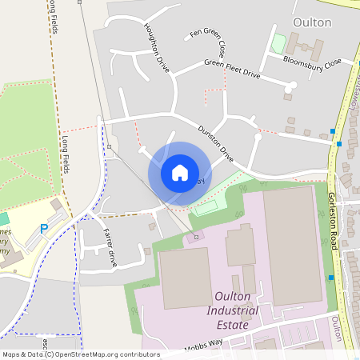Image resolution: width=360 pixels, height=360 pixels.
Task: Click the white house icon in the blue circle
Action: click(x=179, y=172)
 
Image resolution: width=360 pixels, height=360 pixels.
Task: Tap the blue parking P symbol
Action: click(x=44, y=230)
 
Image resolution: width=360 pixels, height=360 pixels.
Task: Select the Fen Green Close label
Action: click(x=207, y=39)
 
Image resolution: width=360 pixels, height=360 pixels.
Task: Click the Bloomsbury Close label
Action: click(x=312, y=61)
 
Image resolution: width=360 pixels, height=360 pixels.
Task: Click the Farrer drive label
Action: click(x=110, y=246)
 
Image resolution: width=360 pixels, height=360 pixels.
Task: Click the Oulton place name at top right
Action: click(x=312, y=22)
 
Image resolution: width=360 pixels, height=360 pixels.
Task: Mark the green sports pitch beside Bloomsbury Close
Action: click(x=278, y=43)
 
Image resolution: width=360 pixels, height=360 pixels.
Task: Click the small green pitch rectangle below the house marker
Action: click(x=204, y=206)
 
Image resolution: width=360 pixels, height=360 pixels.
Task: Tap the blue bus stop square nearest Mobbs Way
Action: click(x=331, y=278)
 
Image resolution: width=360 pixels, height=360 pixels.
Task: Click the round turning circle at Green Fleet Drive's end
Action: click(x=294, y=85)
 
